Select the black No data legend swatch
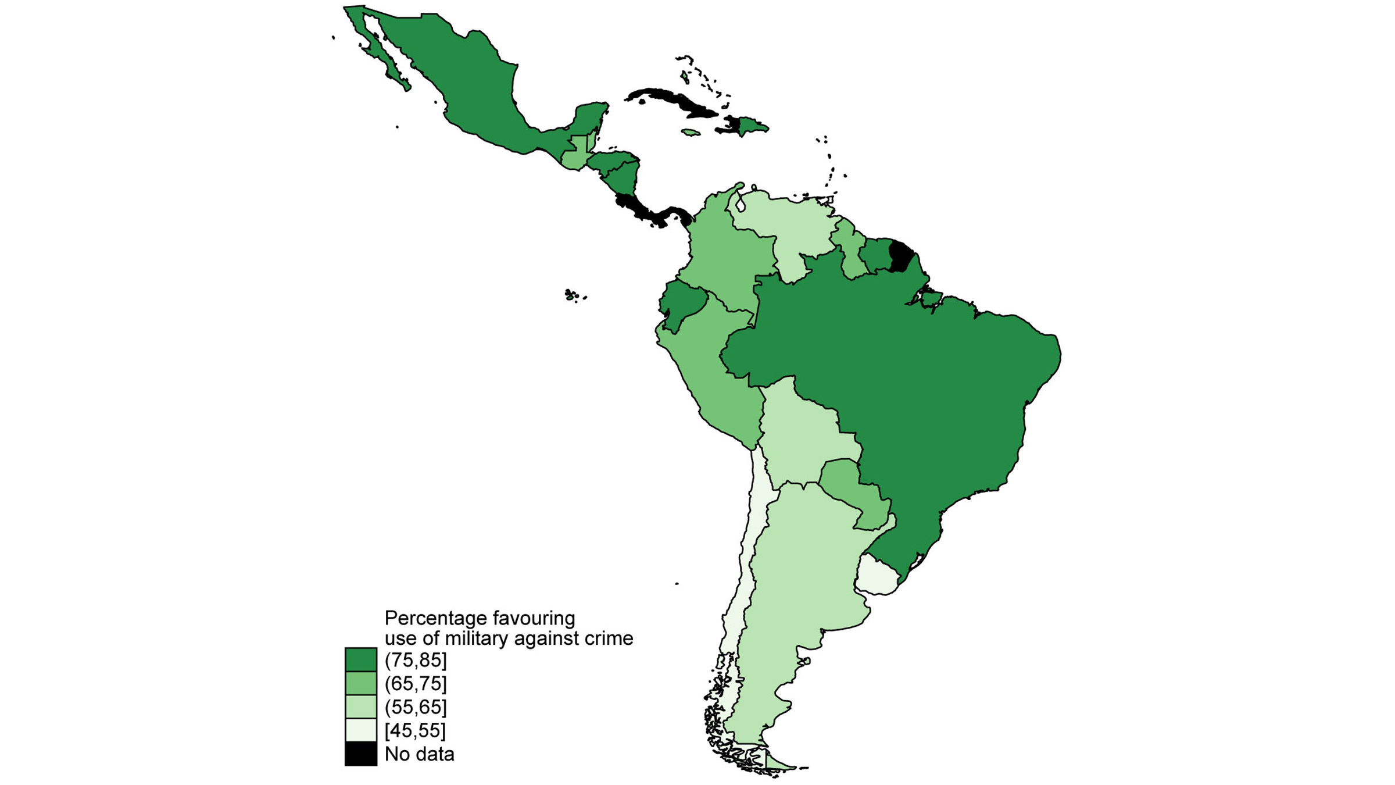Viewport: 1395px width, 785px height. (x=360, y=754)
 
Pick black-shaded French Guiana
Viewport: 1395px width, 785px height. (x=901, y=257)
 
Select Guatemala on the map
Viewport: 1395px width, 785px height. (x=575, y=154)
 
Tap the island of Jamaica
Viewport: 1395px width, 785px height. (x=690, y=133)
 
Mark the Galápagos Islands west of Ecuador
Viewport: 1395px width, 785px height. (x=573, y=295)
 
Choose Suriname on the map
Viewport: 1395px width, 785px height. (x=875, y=255)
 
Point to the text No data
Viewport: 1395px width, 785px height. (x=419, y=754)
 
